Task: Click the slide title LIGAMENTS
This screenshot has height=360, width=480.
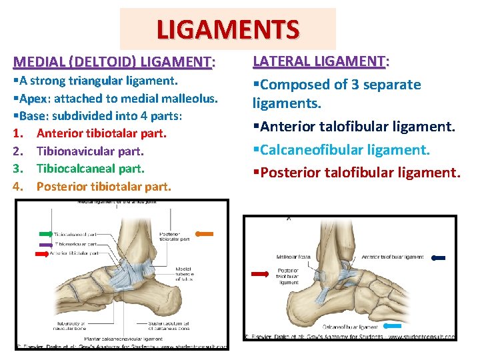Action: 228,30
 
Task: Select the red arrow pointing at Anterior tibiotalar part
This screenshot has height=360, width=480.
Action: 43,254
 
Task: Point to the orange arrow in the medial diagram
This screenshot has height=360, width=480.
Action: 204,234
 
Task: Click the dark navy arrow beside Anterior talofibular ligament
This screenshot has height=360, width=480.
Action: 441,257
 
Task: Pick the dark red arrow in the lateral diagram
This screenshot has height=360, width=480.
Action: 259,273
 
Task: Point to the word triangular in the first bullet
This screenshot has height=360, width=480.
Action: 100,81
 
